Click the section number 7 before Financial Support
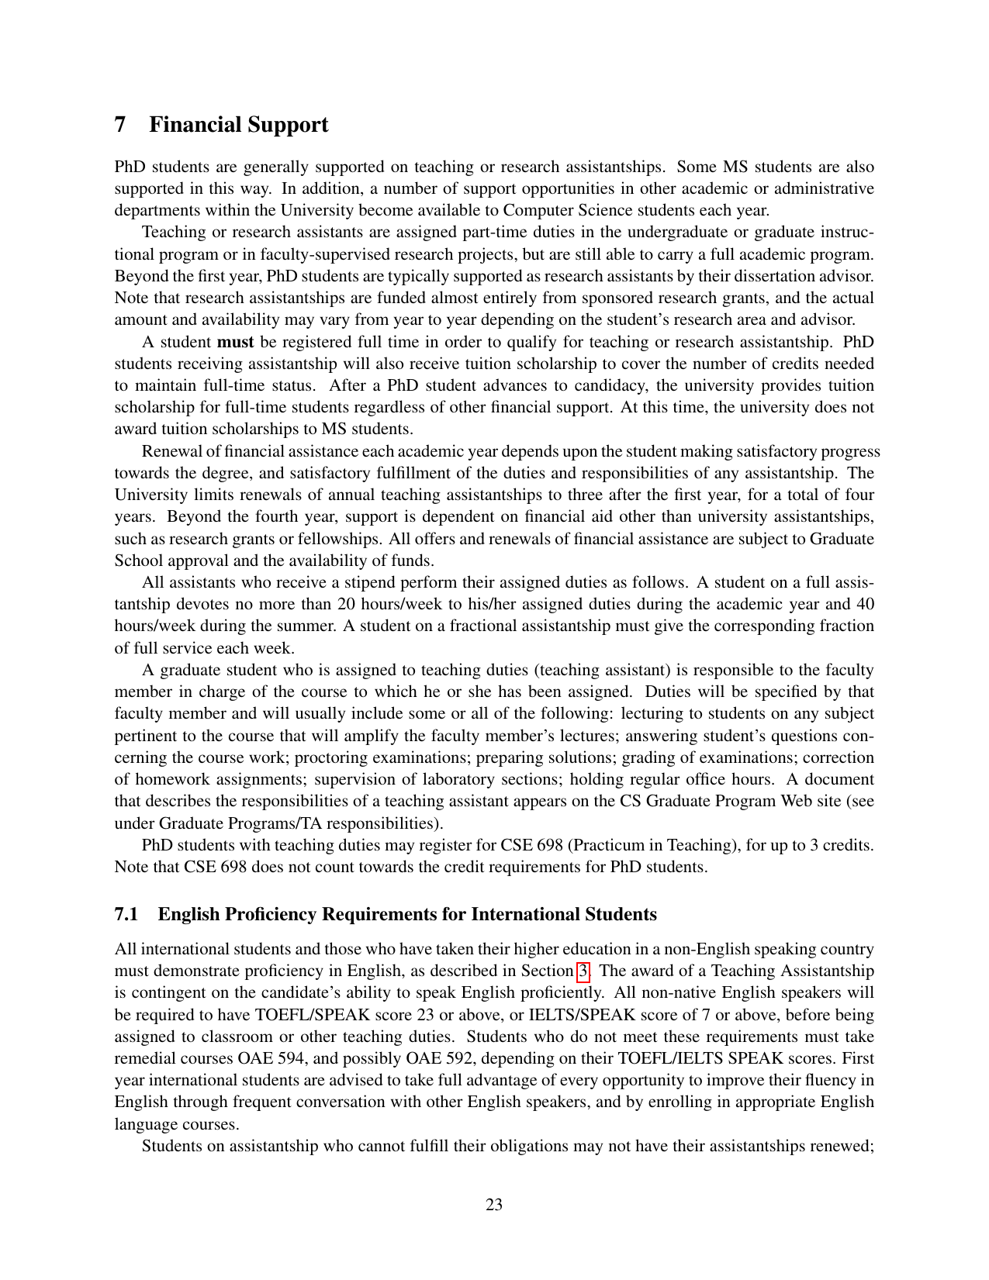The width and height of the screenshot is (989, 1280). point(120,125)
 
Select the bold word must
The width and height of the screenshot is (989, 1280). point(235,342)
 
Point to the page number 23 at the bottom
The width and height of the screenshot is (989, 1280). point(494,1204)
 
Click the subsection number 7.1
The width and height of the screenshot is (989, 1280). point(126,915)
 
